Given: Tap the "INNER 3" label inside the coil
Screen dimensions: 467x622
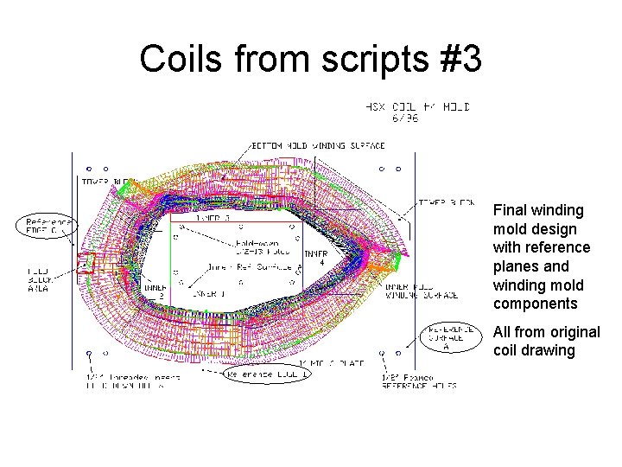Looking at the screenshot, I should click(x=213, y=218).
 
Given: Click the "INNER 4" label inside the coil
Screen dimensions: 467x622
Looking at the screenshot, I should click(x=314, y=258).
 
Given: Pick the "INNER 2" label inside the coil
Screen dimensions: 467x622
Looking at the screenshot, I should click(x=156, y=291).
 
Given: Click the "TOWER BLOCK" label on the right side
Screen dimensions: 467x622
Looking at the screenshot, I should click(x=445, y=202).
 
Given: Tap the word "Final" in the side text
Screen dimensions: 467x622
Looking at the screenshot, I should click(x=510, y=210).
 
